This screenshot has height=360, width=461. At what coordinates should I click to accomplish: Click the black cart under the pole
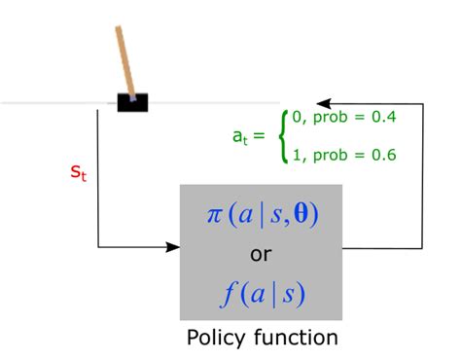tap(132, 101)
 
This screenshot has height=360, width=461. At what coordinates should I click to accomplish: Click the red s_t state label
tap(79, 173)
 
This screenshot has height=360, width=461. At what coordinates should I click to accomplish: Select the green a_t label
tap(239, 137)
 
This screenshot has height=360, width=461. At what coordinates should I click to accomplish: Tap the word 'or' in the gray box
tap(261, 254)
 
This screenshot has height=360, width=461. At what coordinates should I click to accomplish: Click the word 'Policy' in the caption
tap(216, 338)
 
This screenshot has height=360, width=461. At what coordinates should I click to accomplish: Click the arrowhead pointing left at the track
tap(324, 101)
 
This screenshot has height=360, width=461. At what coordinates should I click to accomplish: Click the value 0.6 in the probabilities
tap(383, 155)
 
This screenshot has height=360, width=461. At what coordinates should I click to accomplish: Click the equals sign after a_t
tap(260, 137)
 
